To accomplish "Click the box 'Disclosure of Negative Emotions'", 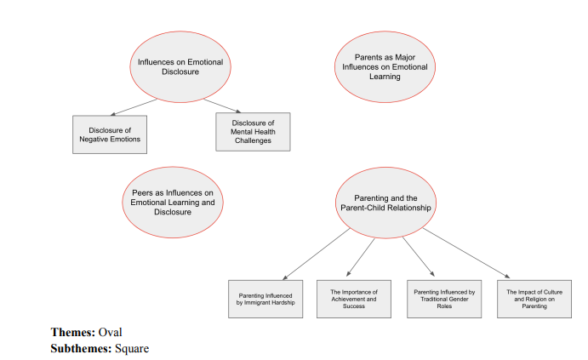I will (109, 134).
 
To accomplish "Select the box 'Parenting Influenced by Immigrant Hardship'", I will (265, 298).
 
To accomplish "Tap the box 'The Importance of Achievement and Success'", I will (353, 298).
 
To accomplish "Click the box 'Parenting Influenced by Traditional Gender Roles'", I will (444, 298).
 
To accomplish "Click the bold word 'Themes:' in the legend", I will (73, 332).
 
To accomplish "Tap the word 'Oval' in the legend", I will (111, 332).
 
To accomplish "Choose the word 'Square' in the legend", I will (133, 347).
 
